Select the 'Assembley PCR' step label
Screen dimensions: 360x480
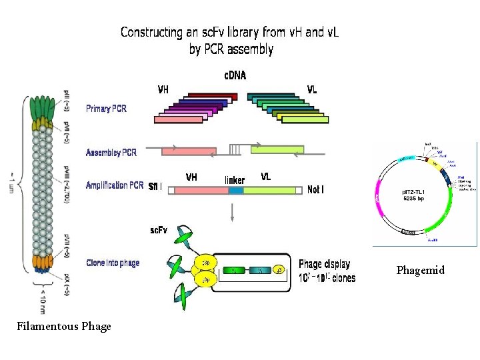[111, 153]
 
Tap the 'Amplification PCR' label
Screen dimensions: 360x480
[115, 185]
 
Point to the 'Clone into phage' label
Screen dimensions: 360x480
[113, 263]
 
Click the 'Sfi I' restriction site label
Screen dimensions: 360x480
[155, 186]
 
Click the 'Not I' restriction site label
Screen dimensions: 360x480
[316, 189]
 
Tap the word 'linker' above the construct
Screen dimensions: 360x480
[235, 180]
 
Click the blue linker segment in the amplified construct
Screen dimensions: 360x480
[236, 191]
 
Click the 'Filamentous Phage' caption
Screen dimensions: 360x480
[65, 327]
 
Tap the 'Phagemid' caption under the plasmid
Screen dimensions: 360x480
[420, 271]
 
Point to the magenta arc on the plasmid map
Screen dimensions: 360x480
[379, 204]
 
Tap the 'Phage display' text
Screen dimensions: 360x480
[324, 265]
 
